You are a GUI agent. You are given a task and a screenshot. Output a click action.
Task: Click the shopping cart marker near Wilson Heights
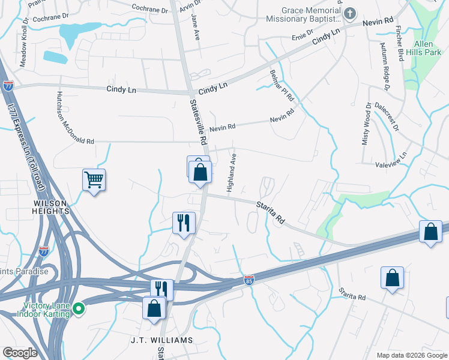pos(94,179)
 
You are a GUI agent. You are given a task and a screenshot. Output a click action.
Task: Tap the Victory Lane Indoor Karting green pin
pos(78,309)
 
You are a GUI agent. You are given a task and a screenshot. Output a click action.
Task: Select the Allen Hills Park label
pos(427,49)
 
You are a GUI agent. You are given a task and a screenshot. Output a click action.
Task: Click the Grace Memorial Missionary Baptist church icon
pos(351,13)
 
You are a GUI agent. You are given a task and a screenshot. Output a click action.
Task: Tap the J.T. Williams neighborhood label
pos(162,340)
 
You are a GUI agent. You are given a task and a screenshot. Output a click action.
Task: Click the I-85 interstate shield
pos(249,280)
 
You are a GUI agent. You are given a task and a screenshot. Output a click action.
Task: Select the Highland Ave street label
pos(231,173)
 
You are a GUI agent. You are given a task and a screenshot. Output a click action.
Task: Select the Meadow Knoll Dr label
pos(24,46)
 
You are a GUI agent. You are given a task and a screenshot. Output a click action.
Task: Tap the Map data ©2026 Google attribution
pos(411,355)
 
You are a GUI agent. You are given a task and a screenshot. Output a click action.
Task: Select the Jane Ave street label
pos(194,27)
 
